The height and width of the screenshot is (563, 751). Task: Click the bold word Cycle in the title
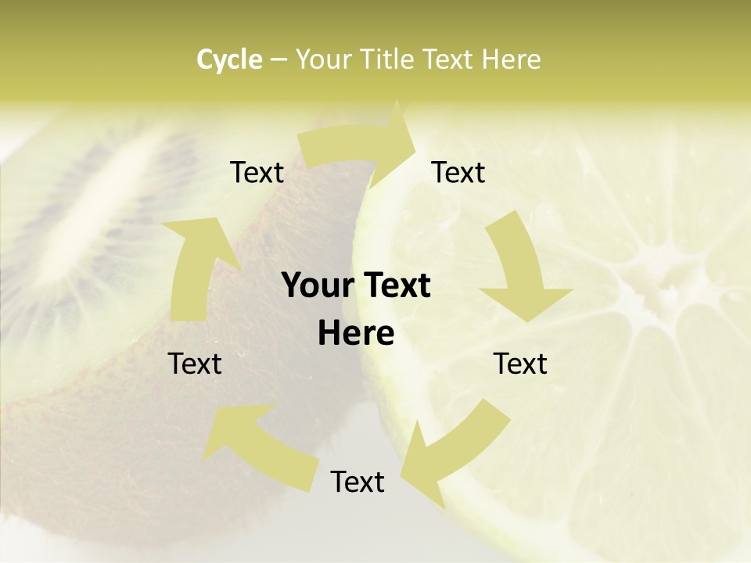tap(229, 59)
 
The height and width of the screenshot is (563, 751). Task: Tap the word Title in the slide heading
tap(389, 59)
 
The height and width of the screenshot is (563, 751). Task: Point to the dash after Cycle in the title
tap(278, 60)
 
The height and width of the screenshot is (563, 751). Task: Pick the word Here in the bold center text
tap(356, 334)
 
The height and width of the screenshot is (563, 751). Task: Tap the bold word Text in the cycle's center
tap(395, 286)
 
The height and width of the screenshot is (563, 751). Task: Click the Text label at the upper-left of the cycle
tap(257, 173)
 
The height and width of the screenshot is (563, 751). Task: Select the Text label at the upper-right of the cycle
tap(458, 173)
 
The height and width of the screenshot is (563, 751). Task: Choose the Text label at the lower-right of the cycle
tap(520, 364)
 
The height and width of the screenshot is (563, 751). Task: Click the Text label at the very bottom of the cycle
tap(358, 482)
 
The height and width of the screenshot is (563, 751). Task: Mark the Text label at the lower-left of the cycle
tap(195, 364)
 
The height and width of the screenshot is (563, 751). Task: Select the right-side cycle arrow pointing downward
tap(521, 274)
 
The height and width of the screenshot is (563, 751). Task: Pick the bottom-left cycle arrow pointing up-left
tap(250, 438)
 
